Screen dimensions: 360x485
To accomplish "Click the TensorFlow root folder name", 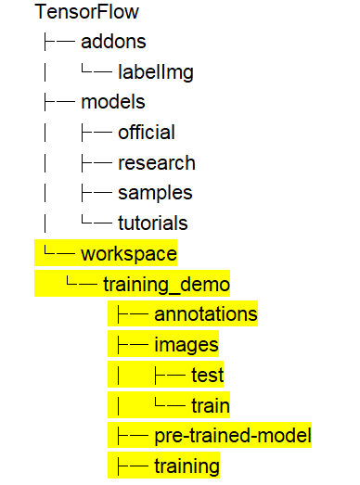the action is click(87, 12).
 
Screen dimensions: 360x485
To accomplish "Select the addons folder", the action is click(113, 42).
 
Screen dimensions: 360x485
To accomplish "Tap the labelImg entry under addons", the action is click(156, 72).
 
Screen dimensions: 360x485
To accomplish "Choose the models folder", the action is click(113, 102).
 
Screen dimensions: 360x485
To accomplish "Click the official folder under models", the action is click(147, 132).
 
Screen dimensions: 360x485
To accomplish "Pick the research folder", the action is click(157, 163).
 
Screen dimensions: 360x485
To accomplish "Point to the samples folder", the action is click(155, 193).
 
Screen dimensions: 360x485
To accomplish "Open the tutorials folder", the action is click(153, 223).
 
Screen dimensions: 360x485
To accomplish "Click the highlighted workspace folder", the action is click(129, 254).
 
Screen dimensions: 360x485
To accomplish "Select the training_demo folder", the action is click(166, 285).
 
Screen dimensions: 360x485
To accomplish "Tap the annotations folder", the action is click(206, 314).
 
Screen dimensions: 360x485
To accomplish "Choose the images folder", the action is click(186, 345).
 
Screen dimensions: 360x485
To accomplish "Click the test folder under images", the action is click(208, 375).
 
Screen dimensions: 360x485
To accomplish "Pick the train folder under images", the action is click(211, 405).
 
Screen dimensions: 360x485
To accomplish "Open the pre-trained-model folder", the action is click(233, 436).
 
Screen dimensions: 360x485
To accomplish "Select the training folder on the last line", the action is click(187, 466).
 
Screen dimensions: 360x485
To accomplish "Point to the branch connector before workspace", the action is click(59, 251).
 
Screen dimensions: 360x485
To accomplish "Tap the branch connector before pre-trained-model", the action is click(133, 436).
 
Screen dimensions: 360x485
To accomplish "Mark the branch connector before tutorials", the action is click(96, 220).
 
